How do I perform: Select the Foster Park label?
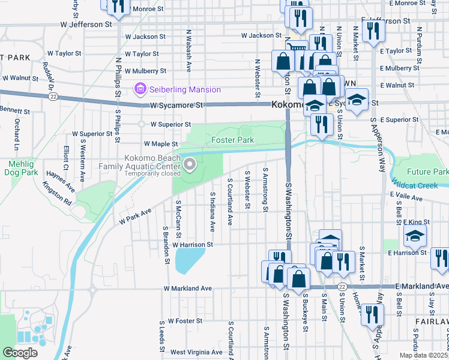point(232,140)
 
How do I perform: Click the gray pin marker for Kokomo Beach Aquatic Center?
point(190,164)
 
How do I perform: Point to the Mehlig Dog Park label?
point(23,168)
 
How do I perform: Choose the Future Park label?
point(427,172)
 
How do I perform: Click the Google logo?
point(20,353)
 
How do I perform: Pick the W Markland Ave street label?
point(188,289)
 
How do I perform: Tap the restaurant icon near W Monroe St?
point(119,6)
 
